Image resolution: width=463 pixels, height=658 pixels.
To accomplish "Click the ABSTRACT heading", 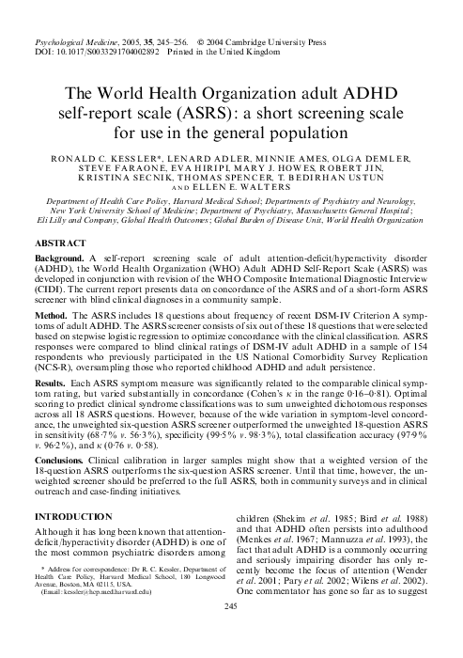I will click(x=57, y=243).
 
